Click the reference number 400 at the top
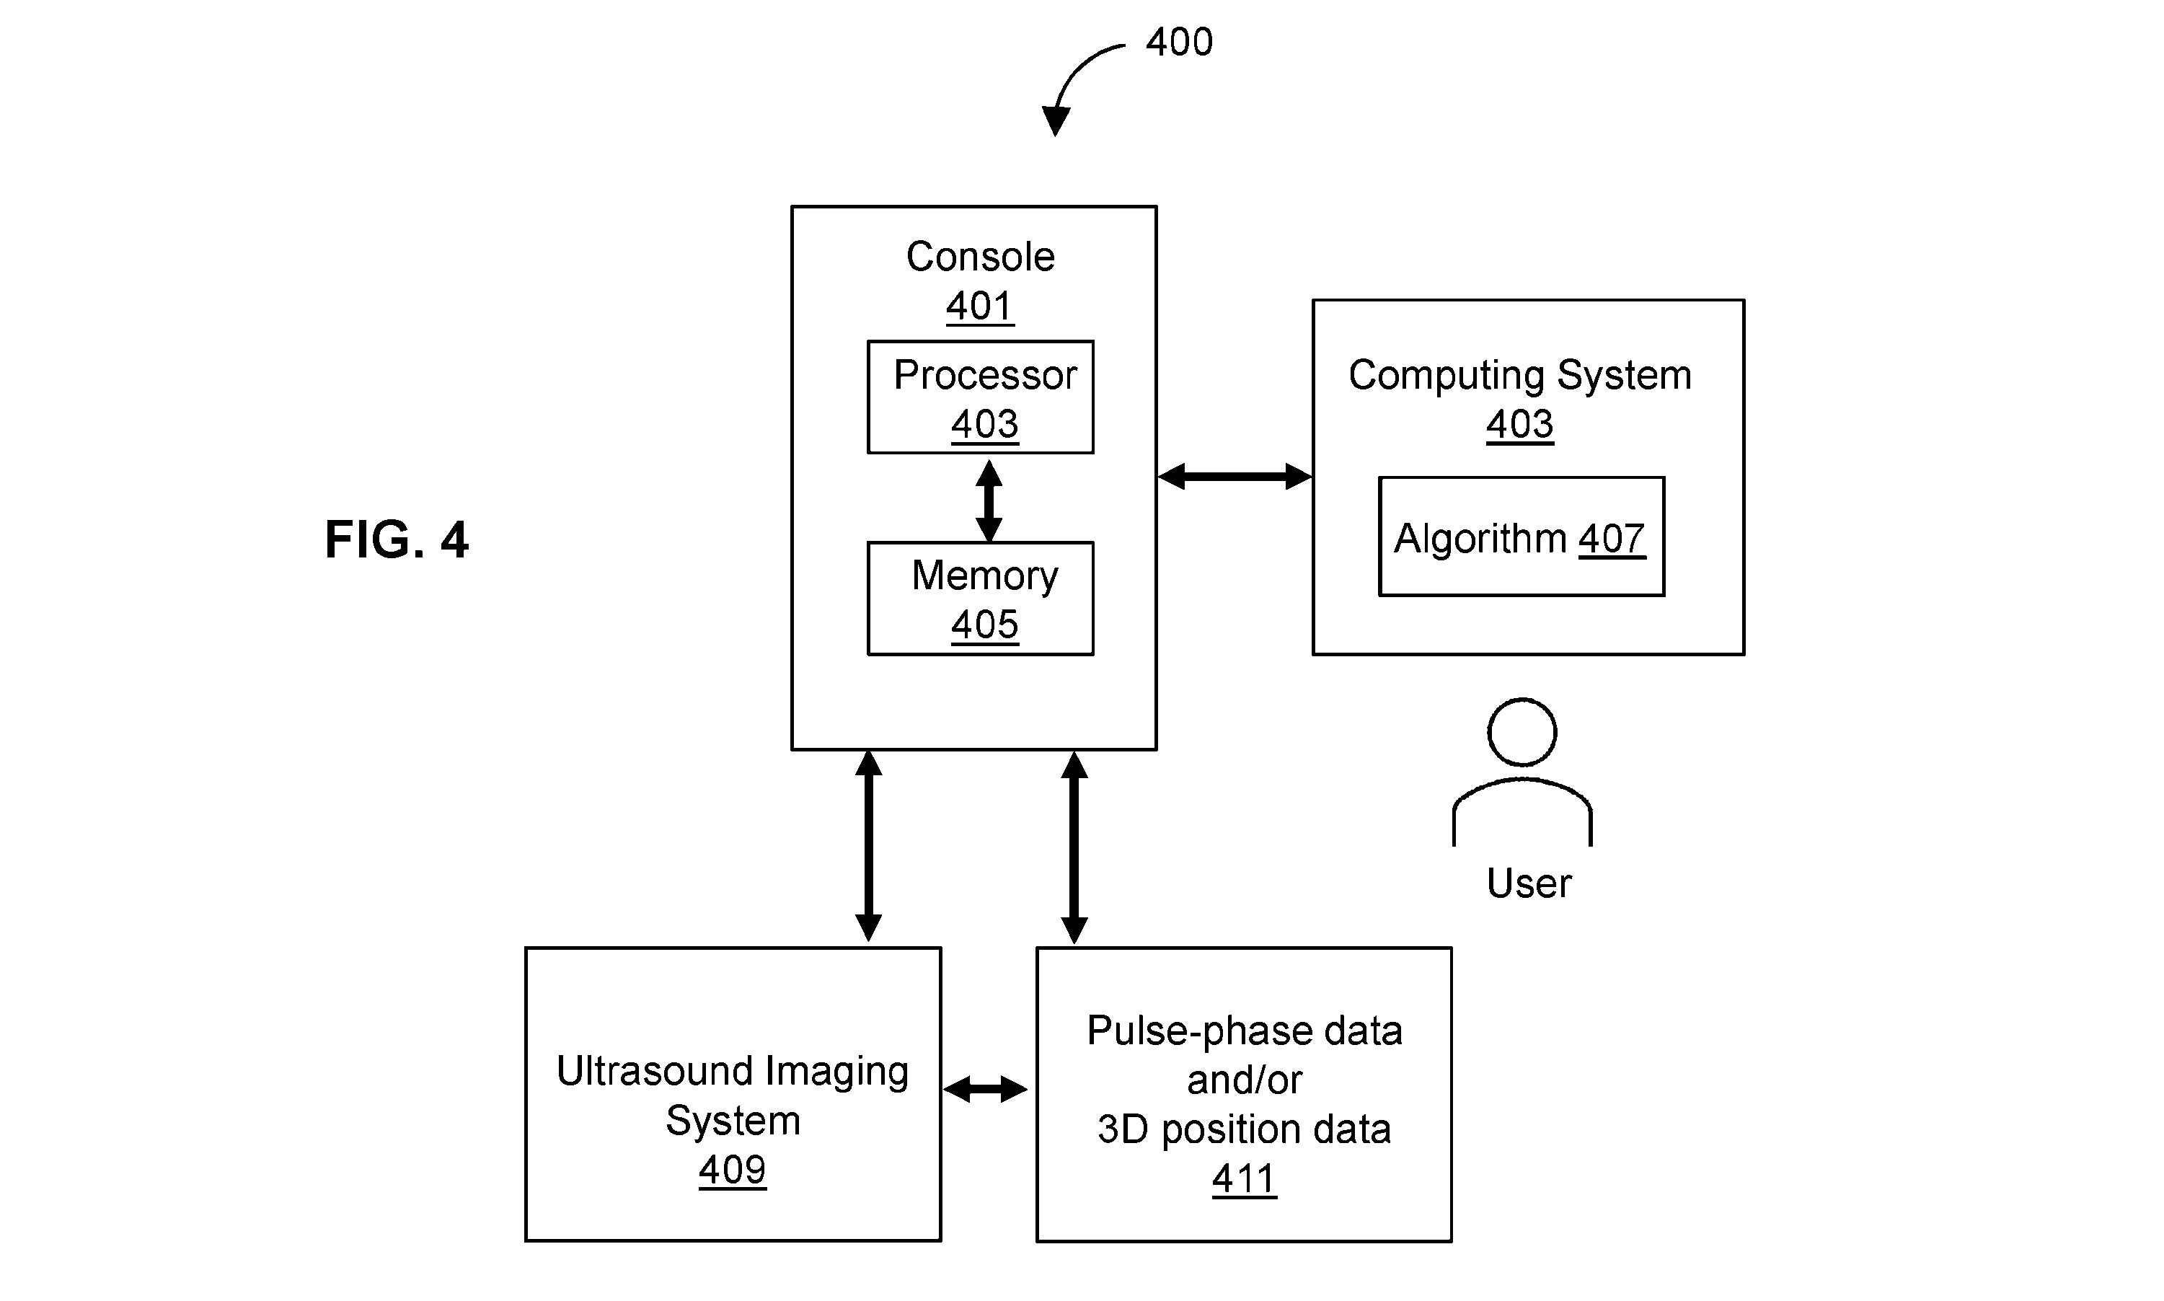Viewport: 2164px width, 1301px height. tap(1179, 42)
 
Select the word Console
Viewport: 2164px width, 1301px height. tap(980, 257)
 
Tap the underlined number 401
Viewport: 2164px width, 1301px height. tap(980, 306)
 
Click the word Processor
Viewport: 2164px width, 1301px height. tap(985, 375)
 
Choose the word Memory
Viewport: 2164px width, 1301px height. tap(984, 577)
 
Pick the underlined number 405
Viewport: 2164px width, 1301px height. tap(985, 625)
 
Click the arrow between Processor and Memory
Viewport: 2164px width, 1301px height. tap(989, 500)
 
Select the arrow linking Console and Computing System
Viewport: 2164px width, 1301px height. tap(1235, 476)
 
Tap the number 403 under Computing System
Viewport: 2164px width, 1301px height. tap(1520, 424)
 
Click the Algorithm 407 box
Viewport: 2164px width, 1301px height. tap(1522, 537)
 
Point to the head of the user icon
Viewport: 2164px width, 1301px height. tap(1522, 732)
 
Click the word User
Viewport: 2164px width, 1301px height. tap(1529, 883)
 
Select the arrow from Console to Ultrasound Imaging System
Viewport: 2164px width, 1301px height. tap(869, 846)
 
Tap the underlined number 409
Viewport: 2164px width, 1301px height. tap(733, 1170)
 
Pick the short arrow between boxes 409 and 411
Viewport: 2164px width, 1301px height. tap(985, 1090)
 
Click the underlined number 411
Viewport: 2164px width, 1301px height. tap(1245, 1179)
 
